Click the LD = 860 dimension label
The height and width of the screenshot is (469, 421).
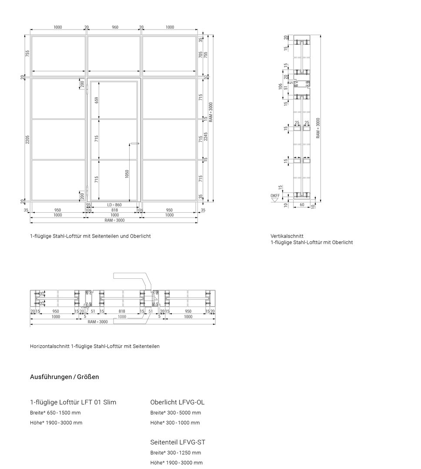click(114, 205)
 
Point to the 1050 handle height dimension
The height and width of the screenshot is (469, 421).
click(127, 173)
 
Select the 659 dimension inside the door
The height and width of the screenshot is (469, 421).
click(97, 101)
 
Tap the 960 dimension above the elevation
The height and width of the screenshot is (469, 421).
click(115, 27)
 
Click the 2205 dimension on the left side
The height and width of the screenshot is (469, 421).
click(27, 140)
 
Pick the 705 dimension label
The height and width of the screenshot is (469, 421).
click(200, 55)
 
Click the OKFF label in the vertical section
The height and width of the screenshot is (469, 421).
click(275, 196)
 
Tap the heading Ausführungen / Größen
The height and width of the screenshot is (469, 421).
click(64, 377)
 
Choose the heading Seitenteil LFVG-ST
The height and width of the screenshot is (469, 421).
click(177, 443)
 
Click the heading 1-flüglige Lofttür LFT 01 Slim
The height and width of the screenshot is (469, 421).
click(73, 402)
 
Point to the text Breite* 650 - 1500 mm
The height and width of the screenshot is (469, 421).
click(55, 413)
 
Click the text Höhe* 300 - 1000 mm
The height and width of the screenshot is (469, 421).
click(175, 423)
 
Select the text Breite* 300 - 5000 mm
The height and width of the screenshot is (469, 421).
click(176, 413)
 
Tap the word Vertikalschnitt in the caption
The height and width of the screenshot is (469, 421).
click(284, 236)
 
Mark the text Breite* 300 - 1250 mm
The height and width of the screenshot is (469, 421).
click(176, 453)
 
